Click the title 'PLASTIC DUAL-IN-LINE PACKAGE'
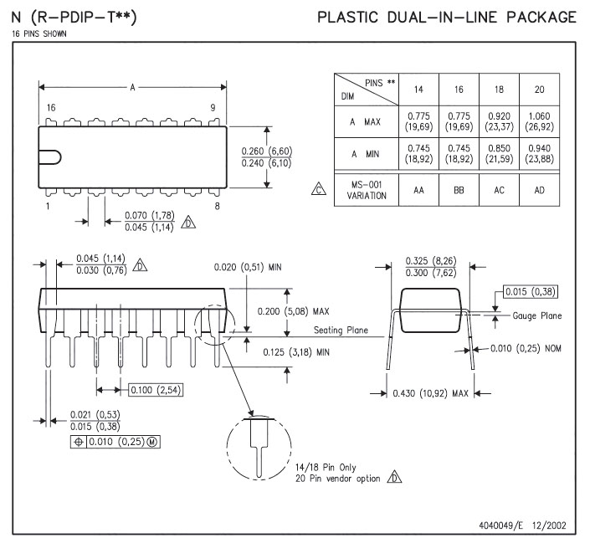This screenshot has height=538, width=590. [447, 18]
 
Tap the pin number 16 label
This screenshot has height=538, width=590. [51, 108]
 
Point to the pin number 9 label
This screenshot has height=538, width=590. [213, 108]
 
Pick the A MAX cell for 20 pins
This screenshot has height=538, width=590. [540, 121]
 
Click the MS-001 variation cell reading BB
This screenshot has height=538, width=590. [459, 191]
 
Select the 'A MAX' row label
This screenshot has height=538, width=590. [366, 121]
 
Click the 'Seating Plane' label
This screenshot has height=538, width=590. [341, 330]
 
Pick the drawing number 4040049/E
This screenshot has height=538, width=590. [506, 525]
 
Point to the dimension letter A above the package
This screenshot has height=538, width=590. [132, 87]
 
